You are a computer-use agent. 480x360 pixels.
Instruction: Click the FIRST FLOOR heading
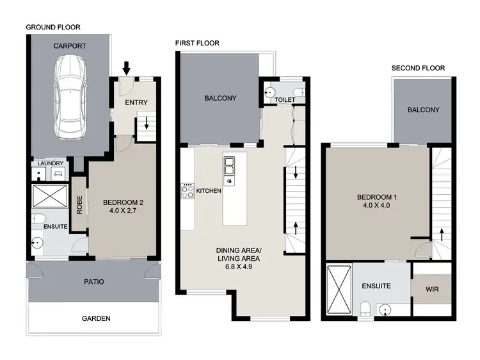(197, 44)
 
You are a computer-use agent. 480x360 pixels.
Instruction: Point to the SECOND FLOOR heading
(418, 68)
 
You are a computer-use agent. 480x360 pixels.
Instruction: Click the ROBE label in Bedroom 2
(80, 208)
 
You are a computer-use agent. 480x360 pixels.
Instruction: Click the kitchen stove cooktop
(188, 190)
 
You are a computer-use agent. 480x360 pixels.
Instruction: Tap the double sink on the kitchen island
(230, 167)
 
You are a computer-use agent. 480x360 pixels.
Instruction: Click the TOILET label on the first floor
(284, 101)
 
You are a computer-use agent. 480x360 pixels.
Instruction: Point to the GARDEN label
(95, 318)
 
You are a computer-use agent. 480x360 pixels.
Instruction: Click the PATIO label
(94, 281)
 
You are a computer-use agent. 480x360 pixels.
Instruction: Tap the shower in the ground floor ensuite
(49, 195)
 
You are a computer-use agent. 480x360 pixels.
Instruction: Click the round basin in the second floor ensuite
(385, 311)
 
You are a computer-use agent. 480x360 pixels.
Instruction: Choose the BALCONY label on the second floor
(423, 110)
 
